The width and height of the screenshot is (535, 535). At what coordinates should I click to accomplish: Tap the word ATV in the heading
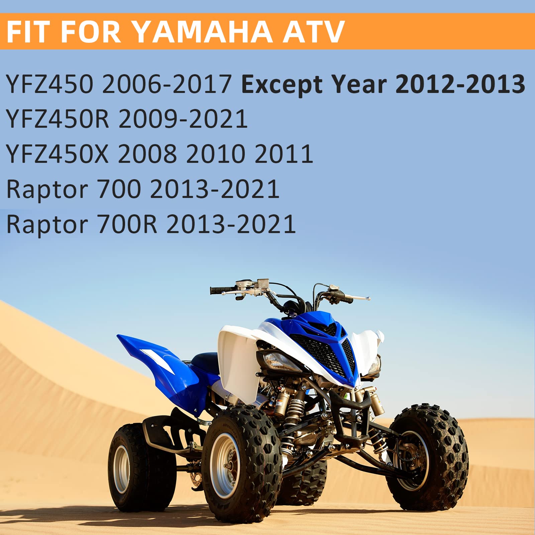point(314,32)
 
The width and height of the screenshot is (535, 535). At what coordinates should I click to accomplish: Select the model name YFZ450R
point(58,119)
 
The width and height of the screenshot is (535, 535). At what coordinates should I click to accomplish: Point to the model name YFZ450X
point(58,154)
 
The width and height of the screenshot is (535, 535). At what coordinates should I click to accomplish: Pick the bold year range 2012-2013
point(460,84)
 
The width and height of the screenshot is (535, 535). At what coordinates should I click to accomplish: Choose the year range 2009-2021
point(183,119)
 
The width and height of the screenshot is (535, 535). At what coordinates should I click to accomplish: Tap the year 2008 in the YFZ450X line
point(147,154)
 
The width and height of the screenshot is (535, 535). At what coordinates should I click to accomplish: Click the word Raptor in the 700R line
point(47,225)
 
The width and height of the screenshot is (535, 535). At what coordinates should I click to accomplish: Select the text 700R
point(127,224)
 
